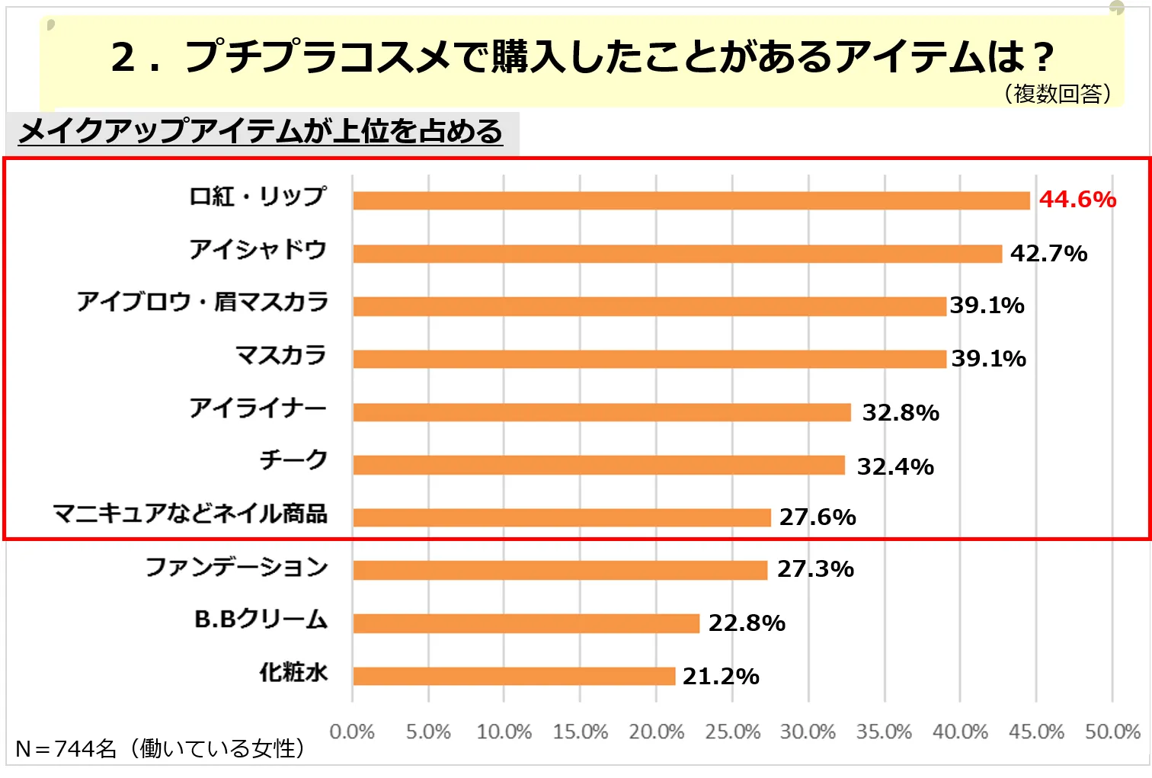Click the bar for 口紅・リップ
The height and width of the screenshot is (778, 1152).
coord(690,200)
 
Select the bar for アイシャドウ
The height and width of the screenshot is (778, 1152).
coord(677,254)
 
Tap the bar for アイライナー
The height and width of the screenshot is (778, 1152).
coord(601,412)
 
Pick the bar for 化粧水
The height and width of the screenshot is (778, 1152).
coord(514,676)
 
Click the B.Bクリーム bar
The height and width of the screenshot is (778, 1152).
coord(526,623)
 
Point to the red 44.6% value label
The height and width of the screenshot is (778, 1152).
coord(1077,200)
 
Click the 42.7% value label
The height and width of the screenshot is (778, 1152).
coord(1048,254)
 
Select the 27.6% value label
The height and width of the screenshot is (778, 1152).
coord(818,517)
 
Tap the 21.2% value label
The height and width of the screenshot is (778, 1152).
coord(721,676)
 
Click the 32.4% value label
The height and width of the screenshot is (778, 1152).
coord(895,466)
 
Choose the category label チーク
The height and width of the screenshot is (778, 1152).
coord(293,460)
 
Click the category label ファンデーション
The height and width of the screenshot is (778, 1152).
coord(236,567)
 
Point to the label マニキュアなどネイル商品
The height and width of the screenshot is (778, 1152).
coord(190,514)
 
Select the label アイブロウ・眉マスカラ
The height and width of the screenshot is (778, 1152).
coord(202,303)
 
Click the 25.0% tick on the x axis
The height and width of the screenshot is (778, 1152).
coord(732,732)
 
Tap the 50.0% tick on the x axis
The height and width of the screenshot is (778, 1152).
coord(1112,732)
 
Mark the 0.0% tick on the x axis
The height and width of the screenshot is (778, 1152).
coord(352,732)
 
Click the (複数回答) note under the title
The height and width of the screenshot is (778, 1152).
coord(1058,94)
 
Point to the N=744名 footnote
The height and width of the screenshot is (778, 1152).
coord(160,749)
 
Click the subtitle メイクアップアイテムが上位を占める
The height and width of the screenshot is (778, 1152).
coord(261,132)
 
